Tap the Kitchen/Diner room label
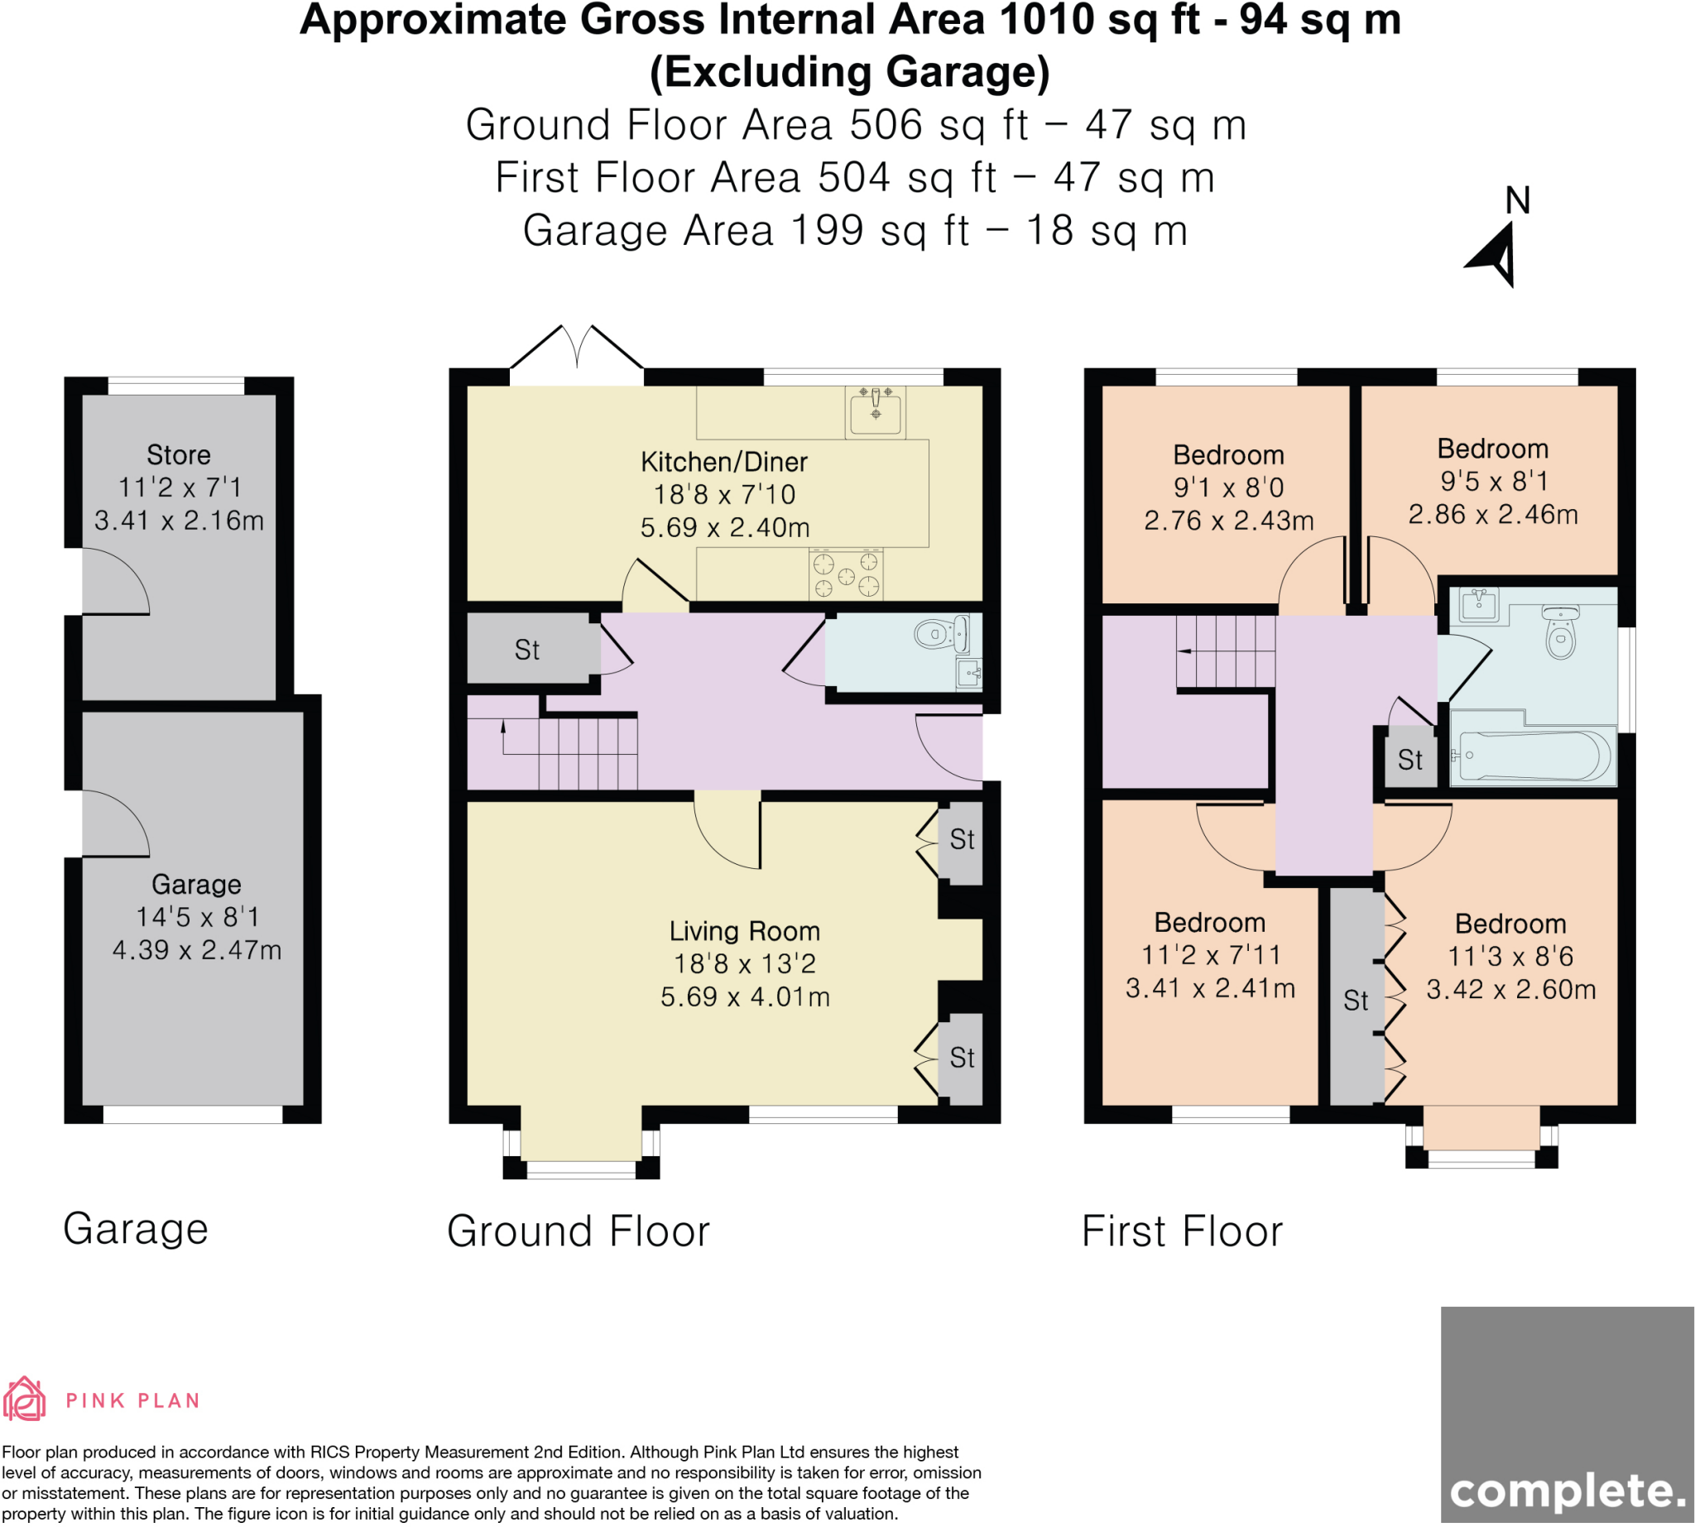(723, 462)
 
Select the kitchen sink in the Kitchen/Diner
(874, 412)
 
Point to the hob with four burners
(846, 574)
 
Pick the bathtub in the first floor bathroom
(1534, 755)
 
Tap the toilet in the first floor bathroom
(1560, 632)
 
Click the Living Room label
(744, 930)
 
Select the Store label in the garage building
(179, 454)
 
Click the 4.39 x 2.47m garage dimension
(197, 950)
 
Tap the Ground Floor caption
(579, 1231)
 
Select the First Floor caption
(1183, 1231)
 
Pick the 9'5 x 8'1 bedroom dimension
(1494, 481)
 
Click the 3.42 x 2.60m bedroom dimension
(1510, 989)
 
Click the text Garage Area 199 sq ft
(746, 231)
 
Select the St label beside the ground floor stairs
(527, 650)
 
